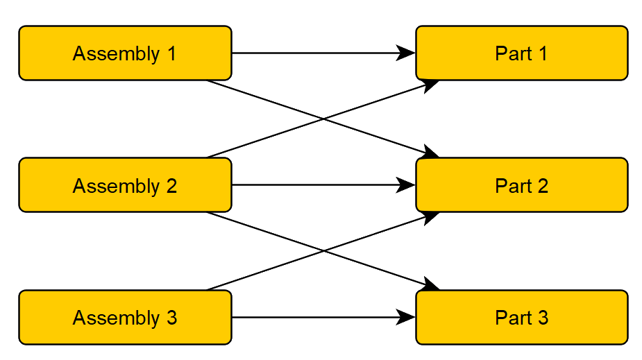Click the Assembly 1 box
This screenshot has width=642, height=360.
(x=126, y=53)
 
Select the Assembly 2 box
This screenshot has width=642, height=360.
(x=126, y=185)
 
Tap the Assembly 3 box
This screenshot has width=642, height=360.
(x=126, y=318)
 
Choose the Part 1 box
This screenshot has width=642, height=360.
(x=522, y=53)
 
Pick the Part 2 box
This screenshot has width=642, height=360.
(x=522, y=185)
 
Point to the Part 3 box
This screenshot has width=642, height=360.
(x=522, y=318)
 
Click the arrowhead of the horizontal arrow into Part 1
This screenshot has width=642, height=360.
(x=406, y=53)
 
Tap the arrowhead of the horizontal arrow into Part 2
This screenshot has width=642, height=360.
(x=406, y=185)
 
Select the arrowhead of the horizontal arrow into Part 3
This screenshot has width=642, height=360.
(x=406, y=318)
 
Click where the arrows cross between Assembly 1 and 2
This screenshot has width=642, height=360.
(x=324, y=119)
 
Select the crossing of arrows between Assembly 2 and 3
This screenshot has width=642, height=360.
(x=324, y=251)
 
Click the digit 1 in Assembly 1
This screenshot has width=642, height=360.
(x=172, y=53)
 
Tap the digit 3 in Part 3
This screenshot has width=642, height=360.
(x=543, y=318)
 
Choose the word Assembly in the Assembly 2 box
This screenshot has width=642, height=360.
(x=117, y=187)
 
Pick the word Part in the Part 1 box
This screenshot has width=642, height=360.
(x=514, y=53)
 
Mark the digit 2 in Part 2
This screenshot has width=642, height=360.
(x=543, y=185)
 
